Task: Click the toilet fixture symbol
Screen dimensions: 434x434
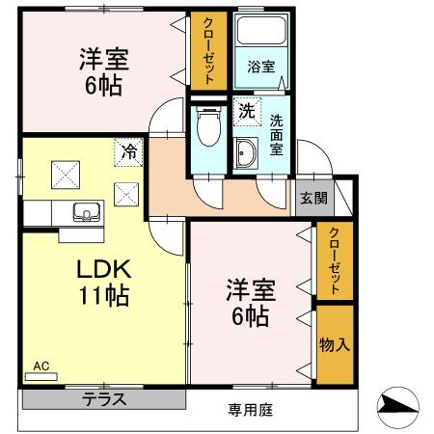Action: (x=205, y=125)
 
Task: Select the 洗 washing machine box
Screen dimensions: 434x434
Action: (x=247, y=111)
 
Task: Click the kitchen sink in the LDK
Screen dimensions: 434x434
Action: (x=83, y=212)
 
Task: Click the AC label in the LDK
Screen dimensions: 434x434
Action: (x=41, y=366)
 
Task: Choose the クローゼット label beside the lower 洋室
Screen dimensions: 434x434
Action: (x=335, y=260)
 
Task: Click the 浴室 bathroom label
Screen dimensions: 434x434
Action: (x=260, y=68)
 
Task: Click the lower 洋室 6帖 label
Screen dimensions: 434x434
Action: (x=250, y=301)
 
